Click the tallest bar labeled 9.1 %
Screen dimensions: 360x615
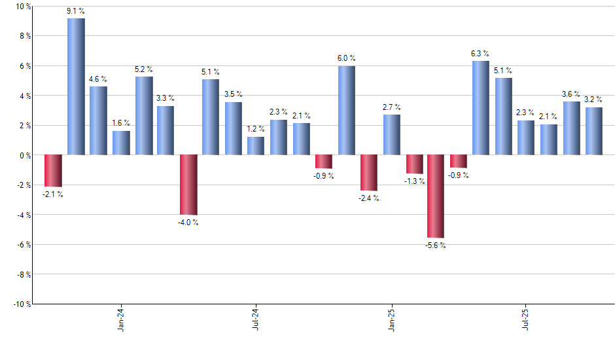pyautogui.click(x=76, y=86)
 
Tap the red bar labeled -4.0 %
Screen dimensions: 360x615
pyautogui.click(x=189, y=185)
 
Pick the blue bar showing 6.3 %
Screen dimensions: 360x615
pyautogui.click(x=480, y=107)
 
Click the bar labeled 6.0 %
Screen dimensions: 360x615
pyautogui.click(x=347, y=110)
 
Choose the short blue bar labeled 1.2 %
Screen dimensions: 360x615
pyautogui.click(x=256, y=146)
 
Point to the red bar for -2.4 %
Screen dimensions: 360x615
pyautogui.click(x=369, y=173)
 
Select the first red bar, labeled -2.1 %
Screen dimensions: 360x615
pyautogui.click(x=53, y=170)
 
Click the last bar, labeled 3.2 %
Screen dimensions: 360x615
pyautogui.click(x=593, y=131)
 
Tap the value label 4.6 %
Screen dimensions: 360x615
pyautogui.click(x=98, y=80)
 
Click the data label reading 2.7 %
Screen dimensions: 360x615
pyautogui.click(x=392, y=107)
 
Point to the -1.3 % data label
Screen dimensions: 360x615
pyautogui.click(x=414, y=181)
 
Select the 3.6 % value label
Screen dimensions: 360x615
pyautogui.click(x=571, y=94)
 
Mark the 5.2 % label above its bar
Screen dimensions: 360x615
pyautogui.click(x=144, y=69)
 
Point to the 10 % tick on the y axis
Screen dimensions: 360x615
pyautogui.click(x=23, y=7)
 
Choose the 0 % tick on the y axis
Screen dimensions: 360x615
pyautogui.click(x=24, y=155)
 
